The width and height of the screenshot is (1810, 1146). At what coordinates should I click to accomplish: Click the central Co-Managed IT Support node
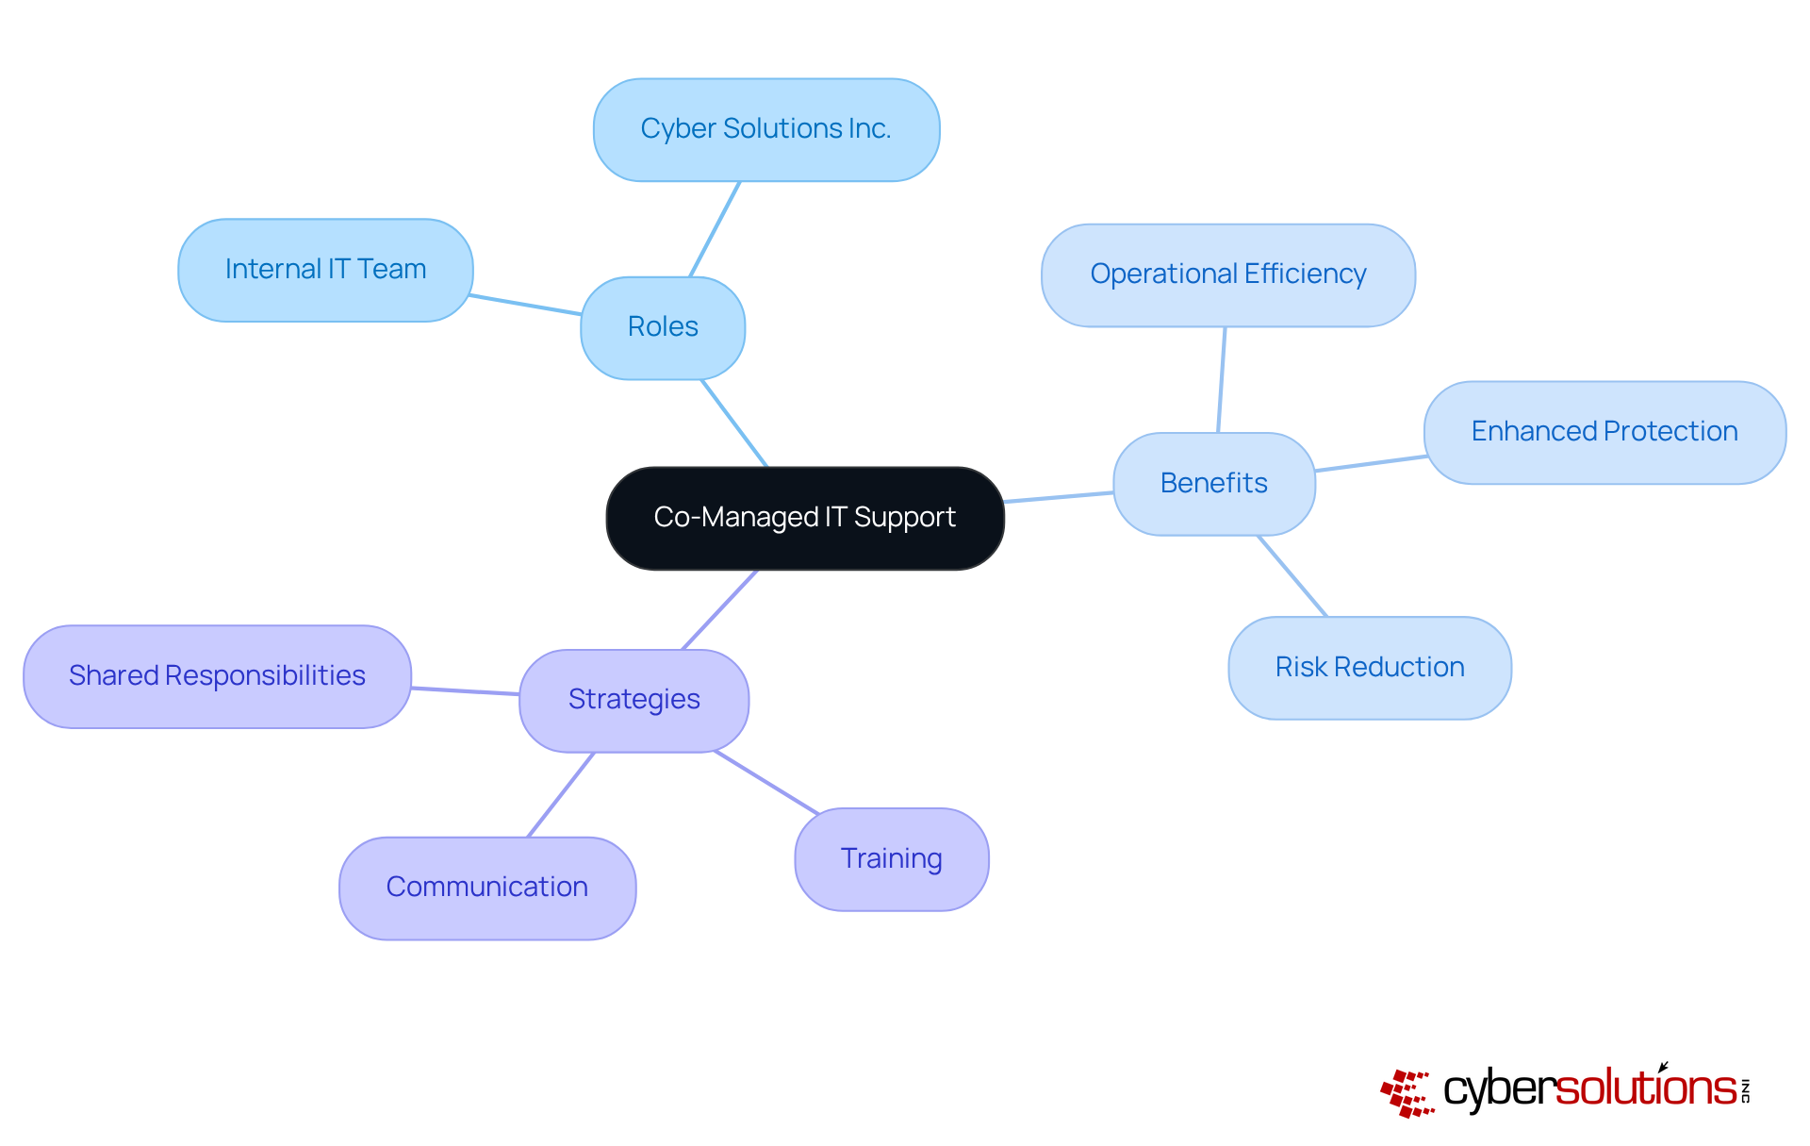tap(804, 518)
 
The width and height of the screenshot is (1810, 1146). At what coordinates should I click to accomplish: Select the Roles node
tap(663, 327)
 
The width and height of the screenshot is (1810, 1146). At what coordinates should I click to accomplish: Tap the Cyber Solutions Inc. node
tap(765, 129)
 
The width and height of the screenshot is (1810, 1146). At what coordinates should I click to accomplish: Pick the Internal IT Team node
tap(325, 270)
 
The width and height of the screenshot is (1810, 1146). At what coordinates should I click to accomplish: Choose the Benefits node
tap(1213, 483)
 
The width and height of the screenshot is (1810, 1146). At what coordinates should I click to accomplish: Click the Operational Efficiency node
tap(1227, 274)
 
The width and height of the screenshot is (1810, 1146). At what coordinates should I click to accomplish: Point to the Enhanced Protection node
tap(1604, 432)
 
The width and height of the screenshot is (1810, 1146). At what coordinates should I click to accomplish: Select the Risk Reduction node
tap(1369, 668)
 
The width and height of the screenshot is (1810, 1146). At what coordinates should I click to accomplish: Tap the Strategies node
tap(633, 700)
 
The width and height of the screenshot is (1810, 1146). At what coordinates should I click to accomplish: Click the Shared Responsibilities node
tap(217, 676)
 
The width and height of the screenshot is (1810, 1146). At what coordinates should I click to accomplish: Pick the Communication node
tap(486, 888)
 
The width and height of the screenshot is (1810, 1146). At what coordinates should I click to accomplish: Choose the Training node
tap(891, 859)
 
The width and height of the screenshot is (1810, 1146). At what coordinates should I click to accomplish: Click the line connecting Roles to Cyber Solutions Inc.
tap(715, 229)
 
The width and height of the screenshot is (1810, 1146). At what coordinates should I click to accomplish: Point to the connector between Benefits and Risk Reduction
tap(1292, 576)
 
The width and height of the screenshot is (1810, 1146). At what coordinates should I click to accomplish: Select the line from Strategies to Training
tap(766, 782)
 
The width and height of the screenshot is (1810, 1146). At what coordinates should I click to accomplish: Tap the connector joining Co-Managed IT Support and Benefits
tap(1058, 497)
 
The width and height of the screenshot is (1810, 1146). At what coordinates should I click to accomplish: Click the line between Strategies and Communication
tap(561, 794)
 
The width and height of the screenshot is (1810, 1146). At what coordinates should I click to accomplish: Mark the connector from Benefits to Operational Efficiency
tap(1222, 379)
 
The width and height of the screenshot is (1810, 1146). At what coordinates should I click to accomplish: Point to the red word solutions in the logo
tap(1645, 1088)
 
